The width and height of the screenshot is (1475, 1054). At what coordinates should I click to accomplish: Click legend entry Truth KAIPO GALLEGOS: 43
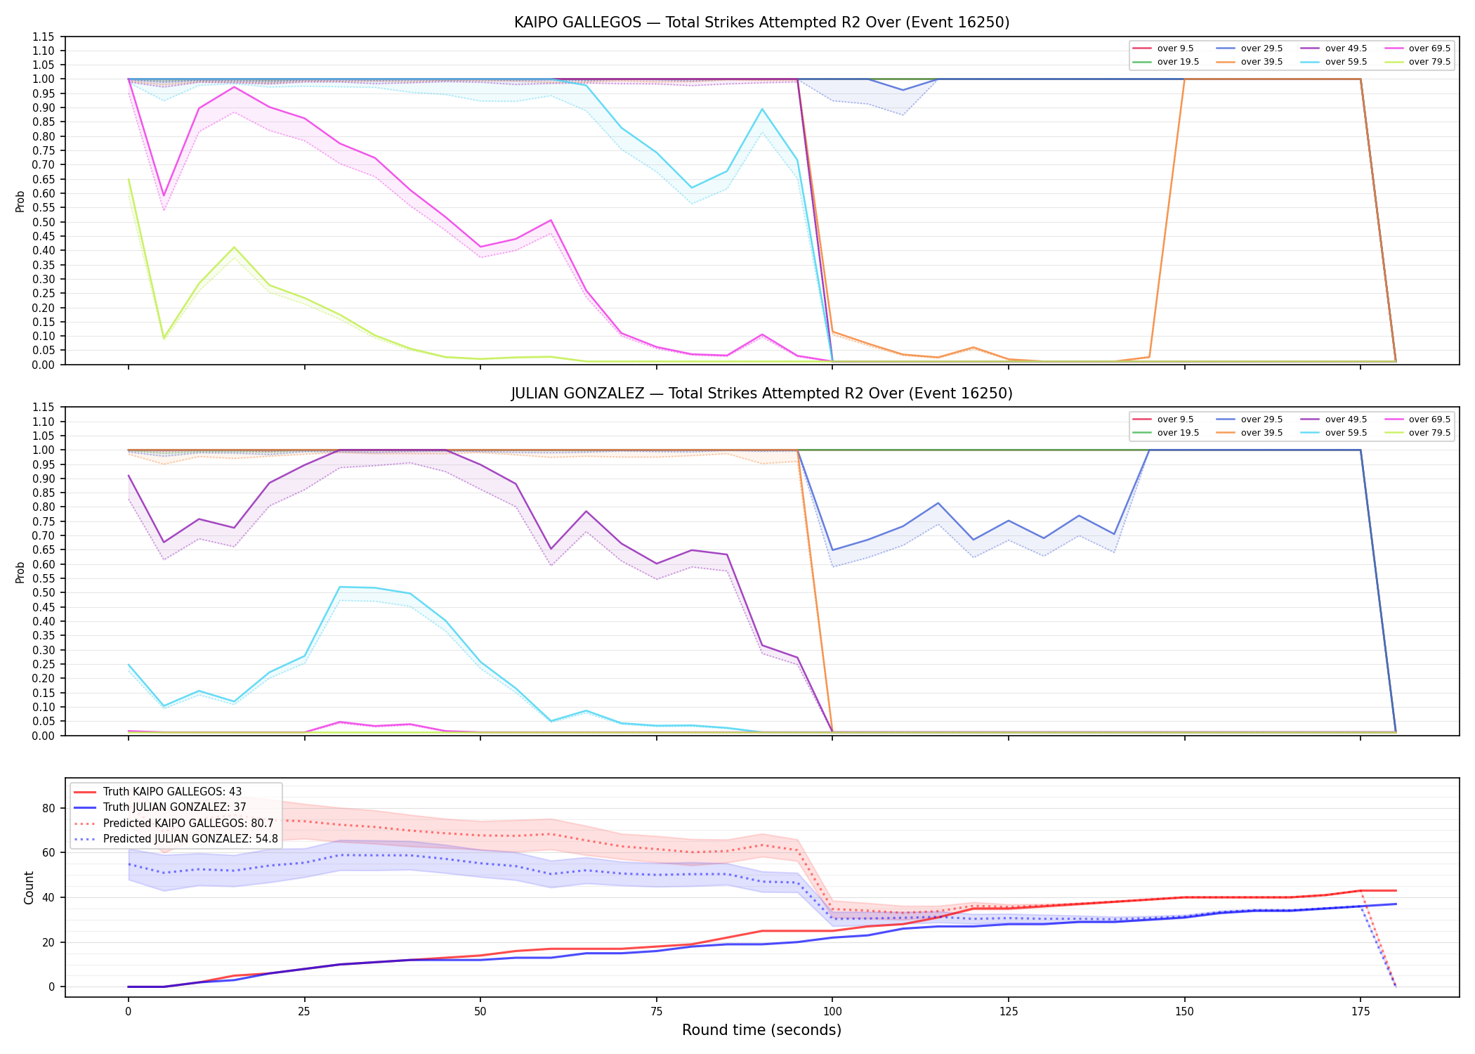click(x=172, y=792)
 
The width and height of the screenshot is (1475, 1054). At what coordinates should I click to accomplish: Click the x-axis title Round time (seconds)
click(x=761, y=1030)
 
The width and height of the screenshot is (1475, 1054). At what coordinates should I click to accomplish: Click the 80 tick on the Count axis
click(x=48, y=808)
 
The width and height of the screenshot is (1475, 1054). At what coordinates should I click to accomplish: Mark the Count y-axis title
click(x=29, y=887)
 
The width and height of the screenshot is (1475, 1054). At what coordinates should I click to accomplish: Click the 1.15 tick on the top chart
click(x=44, y=37)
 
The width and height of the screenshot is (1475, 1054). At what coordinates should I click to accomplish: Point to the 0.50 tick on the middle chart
click(x=44, y=592)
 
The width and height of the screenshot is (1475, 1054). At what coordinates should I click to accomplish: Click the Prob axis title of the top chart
click(x=20, y=201)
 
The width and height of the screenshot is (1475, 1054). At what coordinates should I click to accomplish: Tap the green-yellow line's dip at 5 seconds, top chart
click(x=164, y=339)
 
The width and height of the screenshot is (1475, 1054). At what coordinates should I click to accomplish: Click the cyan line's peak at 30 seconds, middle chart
click(x=340, y=587)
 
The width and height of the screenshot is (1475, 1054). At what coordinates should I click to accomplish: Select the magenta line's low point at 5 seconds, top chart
click(x=164, y=195)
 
